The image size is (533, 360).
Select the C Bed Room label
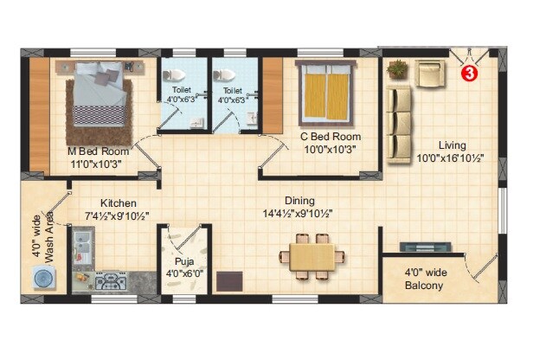(330, 137)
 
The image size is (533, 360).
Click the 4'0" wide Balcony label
(424, 280)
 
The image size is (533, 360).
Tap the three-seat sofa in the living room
(399, 124)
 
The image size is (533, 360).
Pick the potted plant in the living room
(398, 68)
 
